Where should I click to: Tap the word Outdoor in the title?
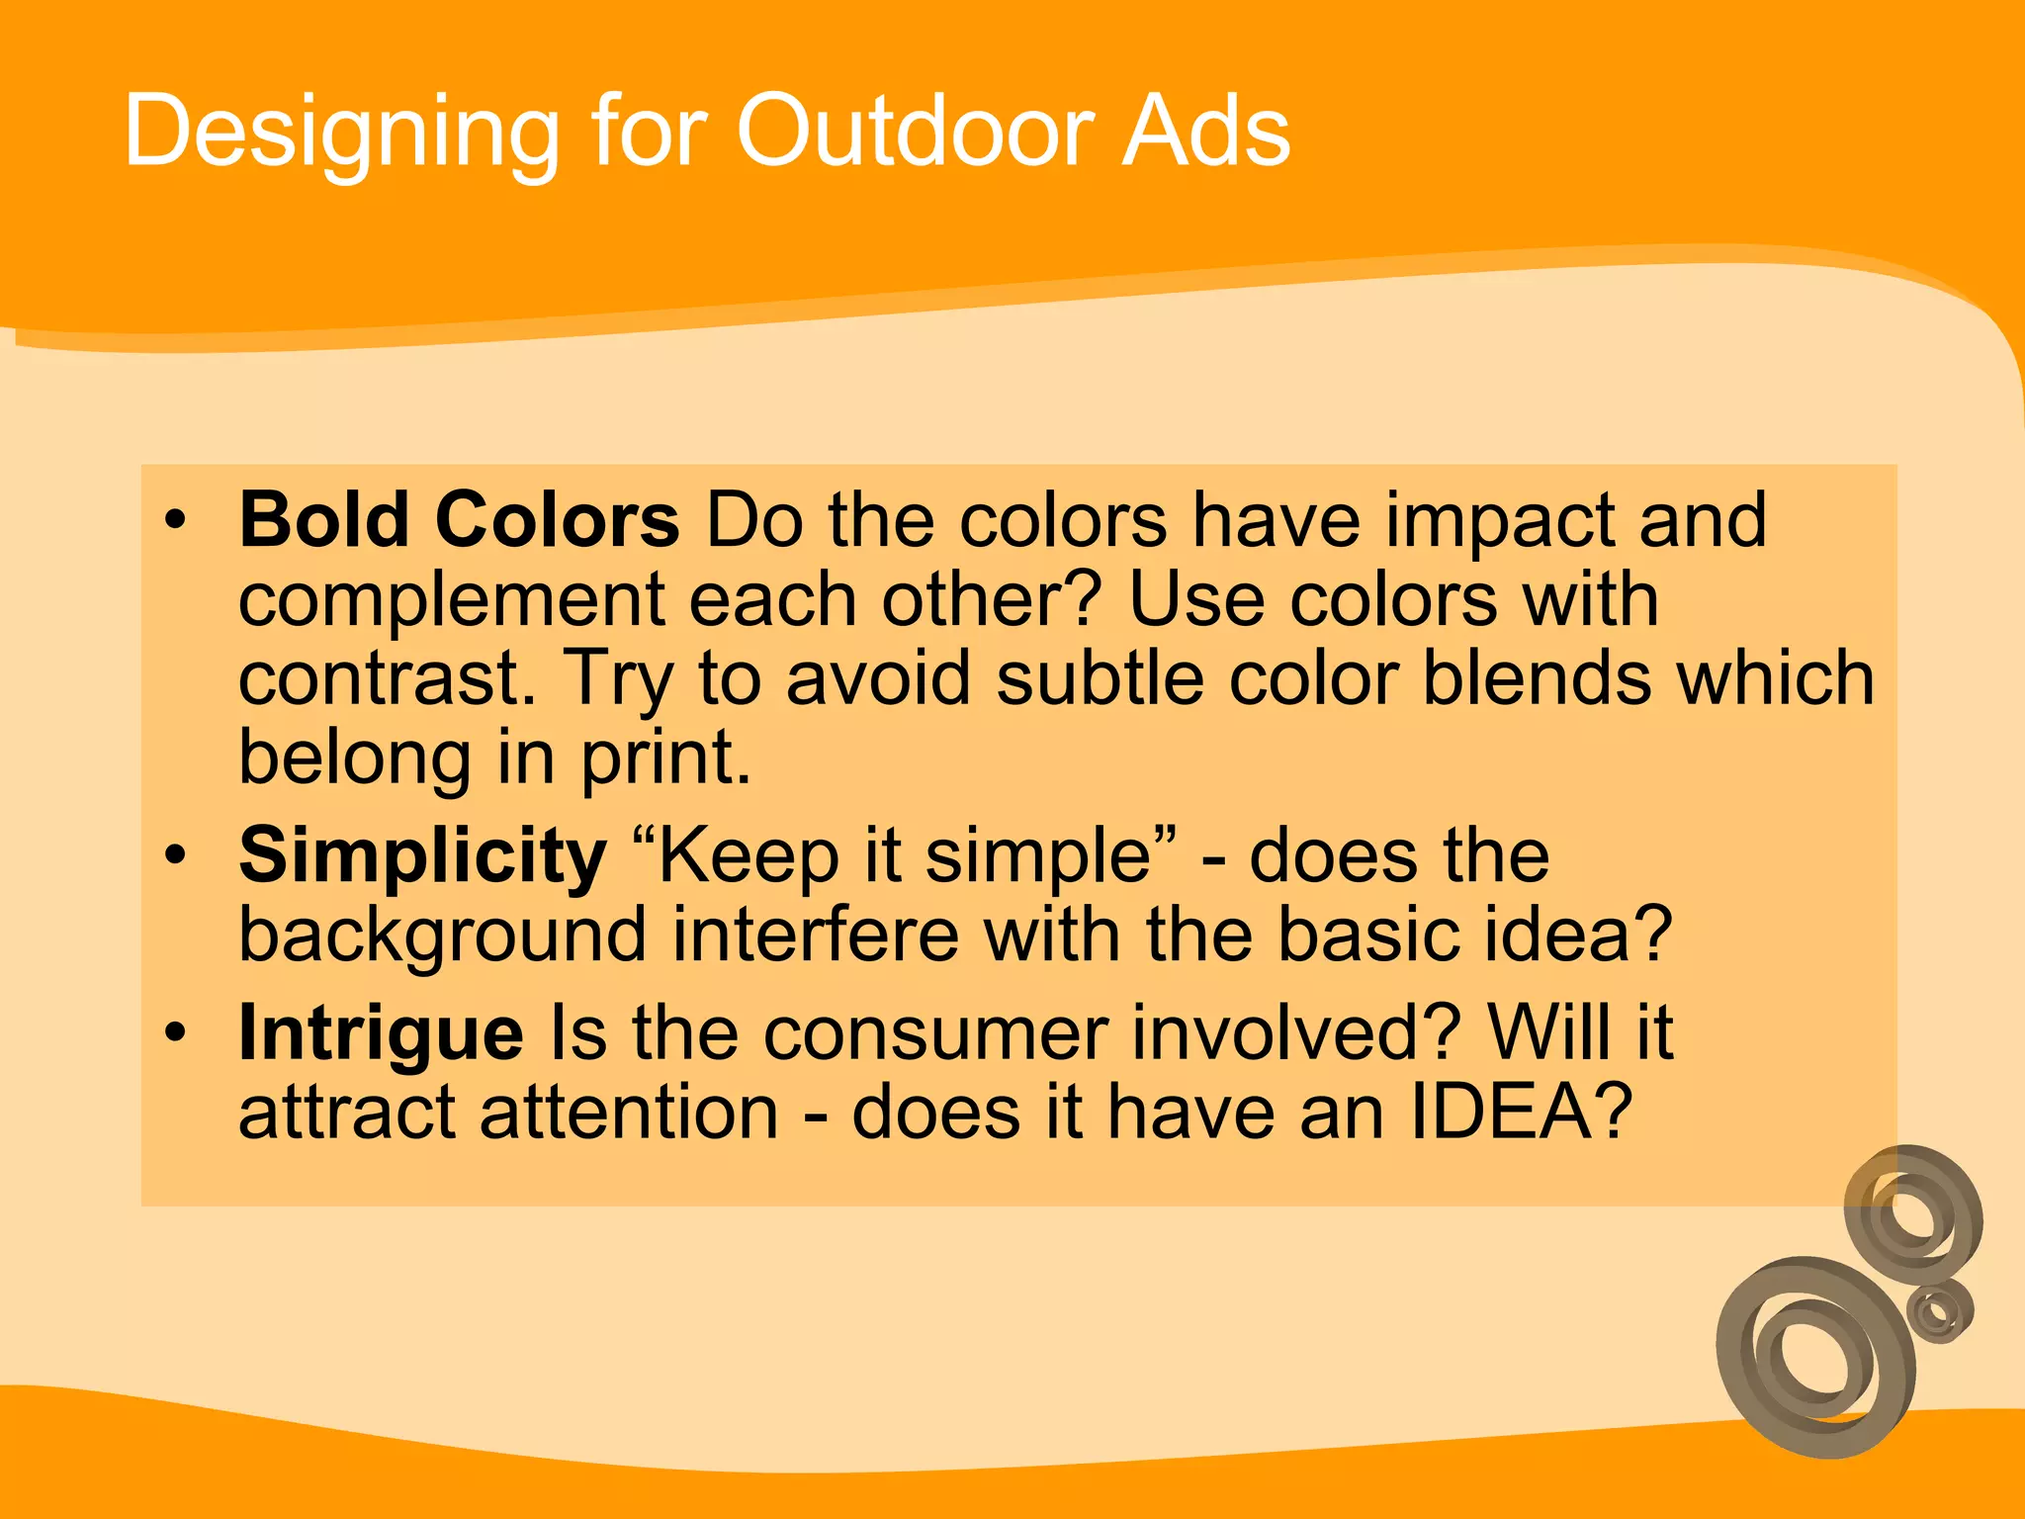[x=915, y=132]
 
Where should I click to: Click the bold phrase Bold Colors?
[x=459, y=520]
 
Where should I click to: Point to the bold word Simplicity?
[x=422, y=856]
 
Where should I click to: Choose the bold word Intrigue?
[x=381, y=1033]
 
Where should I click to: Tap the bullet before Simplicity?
[x=176, y=854]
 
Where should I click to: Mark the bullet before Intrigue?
[x=176, y=1031]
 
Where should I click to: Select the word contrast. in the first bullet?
[x=388, y=679]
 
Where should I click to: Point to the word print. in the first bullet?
[x=665, y=759]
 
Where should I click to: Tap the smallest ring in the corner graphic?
[x=1939, y=1311]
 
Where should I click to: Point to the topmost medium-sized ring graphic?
[x=1913, y=1206]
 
